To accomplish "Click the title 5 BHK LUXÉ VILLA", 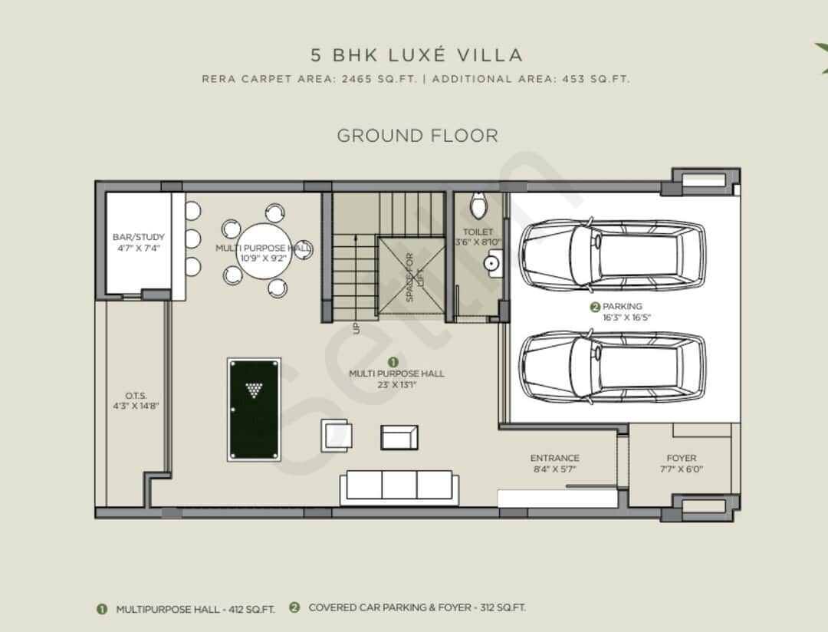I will pos(416,55).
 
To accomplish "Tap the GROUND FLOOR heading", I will pos(417,136).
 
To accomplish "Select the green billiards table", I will pos(254,409).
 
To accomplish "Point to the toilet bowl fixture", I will pos(478,206).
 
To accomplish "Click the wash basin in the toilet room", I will pos(492,262).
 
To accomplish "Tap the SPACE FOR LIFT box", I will pos(410,276).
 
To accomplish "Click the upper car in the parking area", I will pos(613,255).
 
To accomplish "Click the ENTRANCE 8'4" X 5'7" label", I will pos(554,462).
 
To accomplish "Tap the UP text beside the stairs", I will pos(356,328).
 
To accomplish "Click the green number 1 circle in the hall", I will pos(393,360).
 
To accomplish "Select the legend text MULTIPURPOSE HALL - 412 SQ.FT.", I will pos(195,609).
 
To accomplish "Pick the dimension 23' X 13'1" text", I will pos(396,385).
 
